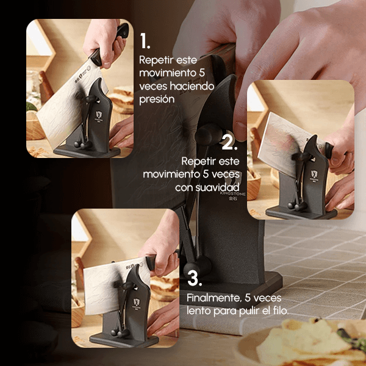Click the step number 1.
(145, 41)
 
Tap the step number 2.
(229, 142)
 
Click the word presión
(157, 99)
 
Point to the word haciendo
(192, 86)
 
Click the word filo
(281, 310)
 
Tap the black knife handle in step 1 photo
(109, 45)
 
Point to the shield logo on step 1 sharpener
(99, 115)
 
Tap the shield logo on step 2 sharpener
(314, 174)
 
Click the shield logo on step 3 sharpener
(137, 302)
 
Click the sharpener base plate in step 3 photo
(124, 341)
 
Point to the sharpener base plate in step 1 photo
(87, 151)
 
